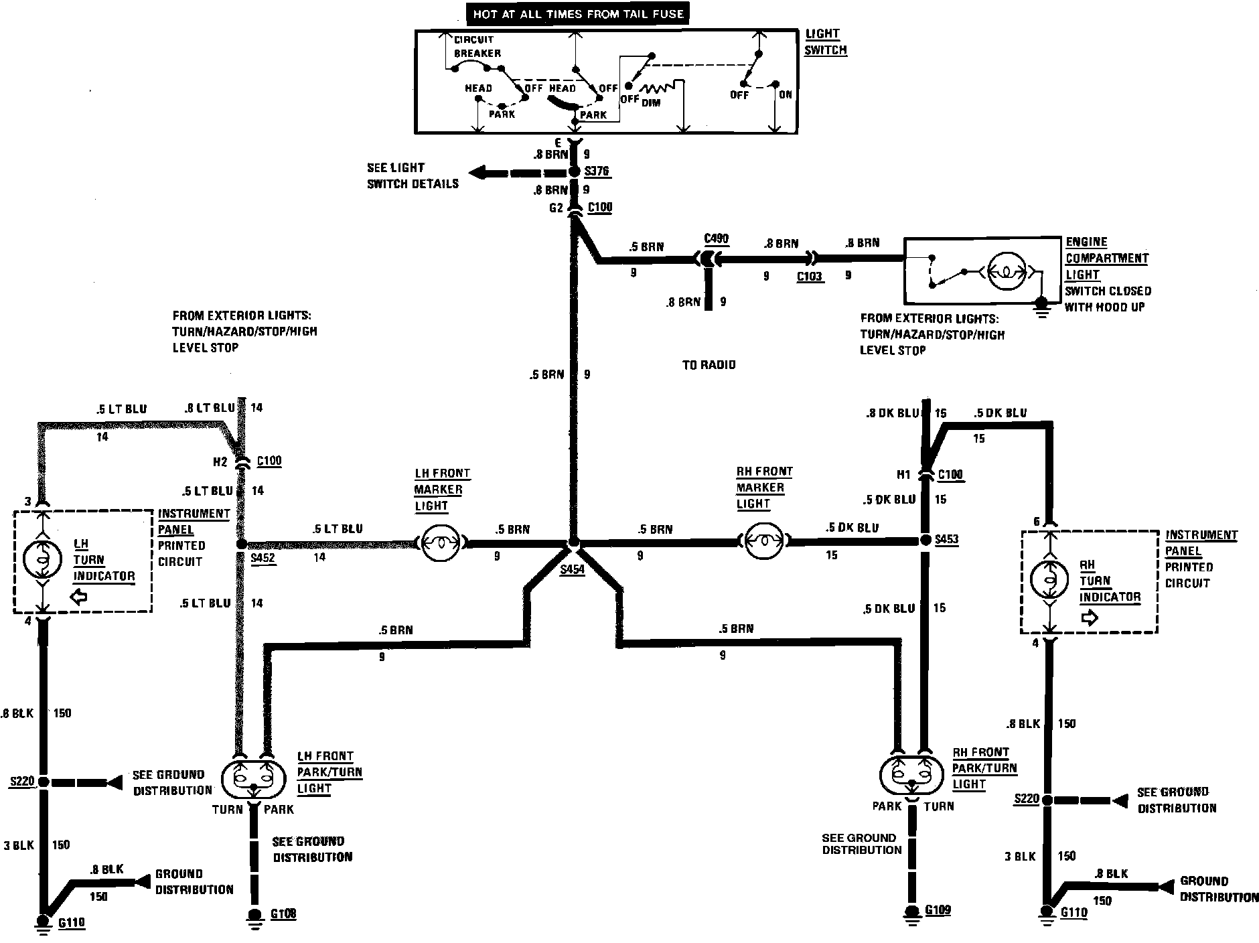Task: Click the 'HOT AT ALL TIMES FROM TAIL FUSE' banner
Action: pyautogui.click(x=578, y=13)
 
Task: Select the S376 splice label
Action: pyautogui.click(x=597, y=171)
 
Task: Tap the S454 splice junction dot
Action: pyautogui.click(x=573, y=542)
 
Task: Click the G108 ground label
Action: pyautogui.click(x=283, y=914)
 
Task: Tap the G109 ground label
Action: pyautogui.click(x=938, y=910)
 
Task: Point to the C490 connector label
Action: pyautogui.click(x=717, y=239)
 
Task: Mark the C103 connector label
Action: pyautogui.click(x=810, y=276)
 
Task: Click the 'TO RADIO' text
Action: pyautogui.click(x=709, y=365)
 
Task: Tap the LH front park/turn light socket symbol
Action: pyautogui.click(x=253, y=778)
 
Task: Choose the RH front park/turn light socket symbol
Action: pyautogui.click(x=911, y=774)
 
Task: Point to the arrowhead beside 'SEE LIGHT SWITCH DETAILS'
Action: pyautogui.click(x=477, y=173)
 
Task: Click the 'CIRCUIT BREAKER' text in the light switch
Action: pyautogui.click(x=477, y=46)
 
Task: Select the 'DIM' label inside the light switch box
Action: pyautogui.click(x=651, y=103)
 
